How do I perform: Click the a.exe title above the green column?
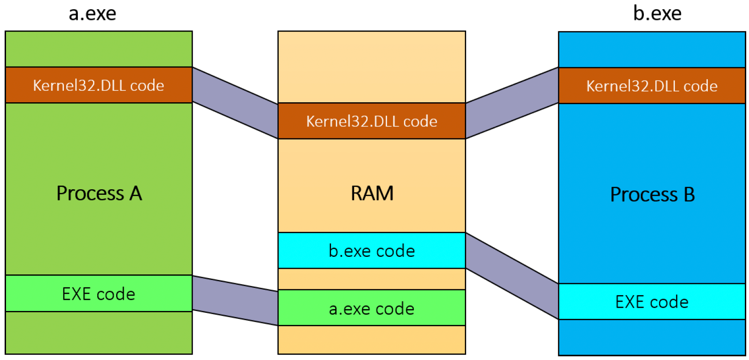click(93, 14)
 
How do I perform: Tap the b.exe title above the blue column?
click(657, 13)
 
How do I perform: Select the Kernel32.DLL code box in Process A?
click(99, 85)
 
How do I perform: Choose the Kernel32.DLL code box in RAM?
click(372, 121)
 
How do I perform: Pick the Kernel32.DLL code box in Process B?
click(652, 86)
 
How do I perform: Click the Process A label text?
click(100, 193)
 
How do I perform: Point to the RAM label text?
click(372, 193)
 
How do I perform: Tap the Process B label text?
click(653, 194)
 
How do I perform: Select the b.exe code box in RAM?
click(372, 251)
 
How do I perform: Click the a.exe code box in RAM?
click(372, 308)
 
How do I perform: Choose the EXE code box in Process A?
click(99, 293)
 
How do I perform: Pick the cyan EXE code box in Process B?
click(652, 302)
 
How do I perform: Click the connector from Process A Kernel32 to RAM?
click(235, 103)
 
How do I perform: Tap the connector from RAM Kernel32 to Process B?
click(512, 103)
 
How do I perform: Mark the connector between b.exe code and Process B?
click(512, 276)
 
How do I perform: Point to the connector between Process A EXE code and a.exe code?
click(235, 300)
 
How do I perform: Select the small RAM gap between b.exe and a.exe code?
click(372, 279)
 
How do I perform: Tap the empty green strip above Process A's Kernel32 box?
click(99, 49)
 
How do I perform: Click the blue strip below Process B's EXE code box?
click(652, 337)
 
